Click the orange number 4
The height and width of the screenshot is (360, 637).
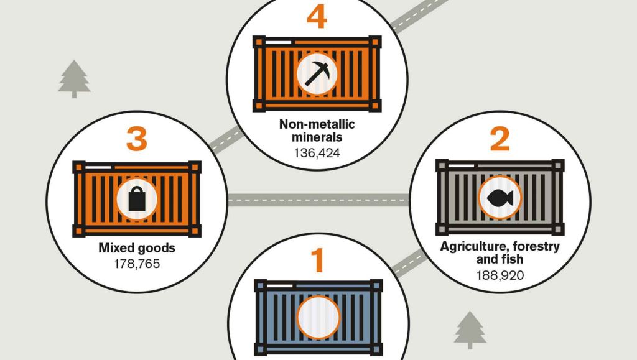coord(317,17)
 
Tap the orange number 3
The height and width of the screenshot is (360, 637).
coord(136,139)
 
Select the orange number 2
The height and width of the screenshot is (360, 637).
coord(500,139)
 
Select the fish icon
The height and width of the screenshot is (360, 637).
coord(500,198)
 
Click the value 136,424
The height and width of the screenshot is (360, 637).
coord(317,153)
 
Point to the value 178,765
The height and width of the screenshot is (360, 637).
coord(137,264)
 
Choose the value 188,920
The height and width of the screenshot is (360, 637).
coord(500,275)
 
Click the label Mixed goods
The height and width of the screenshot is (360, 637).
coord(137,248)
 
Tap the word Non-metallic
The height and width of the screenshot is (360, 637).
coord(317,124)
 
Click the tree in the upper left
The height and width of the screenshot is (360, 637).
coord(74,79)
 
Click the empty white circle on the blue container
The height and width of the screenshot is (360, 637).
coord(318,317)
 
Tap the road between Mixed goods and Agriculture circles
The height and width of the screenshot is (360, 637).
coord(318,200)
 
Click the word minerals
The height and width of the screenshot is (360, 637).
coord(317,137)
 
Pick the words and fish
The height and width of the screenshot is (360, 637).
coord(500,259)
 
